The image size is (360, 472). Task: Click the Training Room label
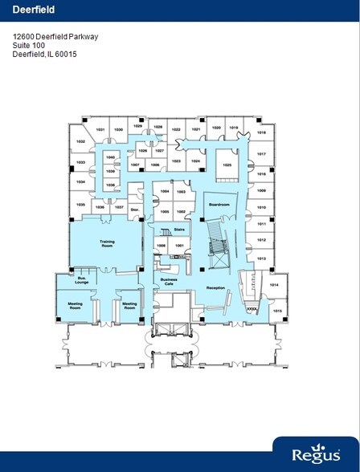[107, 242]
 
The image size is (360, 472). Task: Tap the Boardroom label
[219, 205]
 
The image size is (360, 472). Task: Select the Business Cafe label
[170, 283]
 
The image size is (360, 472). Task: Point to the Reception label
[215, 287]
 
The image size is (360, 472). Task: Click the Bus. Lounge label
[81, 281]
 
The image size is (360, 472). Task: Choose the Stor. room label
[135, 210]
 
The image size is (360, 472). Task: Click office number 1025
[227, 165]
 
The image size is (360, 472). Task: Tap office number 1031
[100, 129]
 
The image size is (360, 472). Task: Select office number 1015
[278, 311]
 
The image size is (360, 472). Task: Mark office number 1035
[80, 204]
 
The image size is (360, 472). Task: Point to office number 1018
[261, 133]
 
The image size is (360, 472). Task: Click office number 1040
[111, 157]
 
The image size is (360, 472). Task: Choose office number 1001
[180, 246]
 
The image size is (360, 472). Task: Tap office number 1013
[261, 258]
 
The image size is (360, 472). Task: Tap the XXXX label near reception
[252, 306]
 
